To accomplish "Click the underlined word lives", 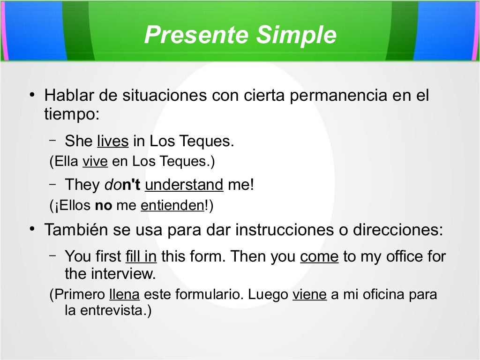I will [112, 141].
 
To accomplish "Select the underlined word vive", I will [95, 162].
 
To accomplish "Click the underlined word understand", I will [184, 185].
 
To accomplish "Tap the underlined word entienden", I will [172, 206].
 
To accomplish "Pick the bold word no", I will [104, 206].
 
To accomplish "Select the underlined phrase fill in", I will [141, 256].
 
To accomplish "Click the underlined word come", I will [319, 256].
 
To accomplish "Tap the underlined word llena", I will [124, 295].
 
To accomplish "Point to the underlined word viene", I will [309, 295].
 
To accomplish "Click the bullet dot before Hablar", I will [31, 96].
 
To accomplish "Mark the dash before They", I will [52, 184].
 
